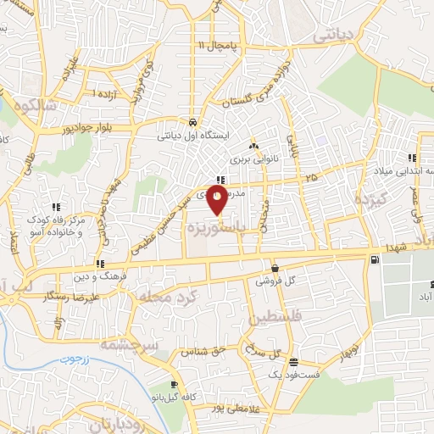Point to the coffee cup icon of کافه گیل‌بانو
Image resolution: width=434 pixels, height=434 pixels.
[175, 383]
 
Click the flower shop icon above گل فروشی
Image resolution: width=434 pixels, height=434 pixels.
[272, 264]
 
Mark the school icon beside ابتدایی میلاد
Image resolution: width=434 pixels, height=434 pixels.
[413, 159]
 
